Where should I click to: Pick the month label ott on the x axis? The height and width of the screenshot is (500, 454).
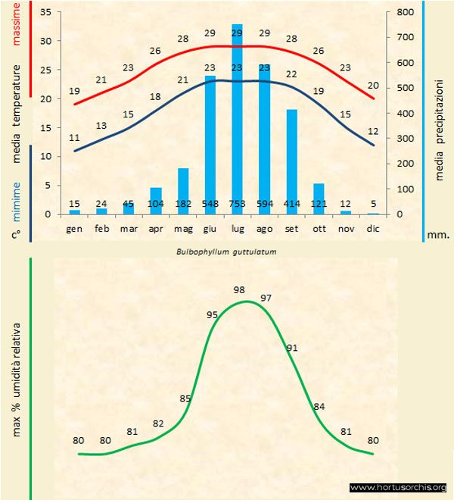click(x=319, y=227)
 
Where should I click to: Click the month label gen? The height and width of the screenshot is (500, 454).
click(x=74, y=227)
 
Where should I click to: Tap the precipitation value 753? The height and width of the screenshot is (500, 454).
click(x=237, y=203)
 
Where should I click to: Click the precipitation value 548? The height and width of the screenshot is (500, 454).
click(x=210, y=203)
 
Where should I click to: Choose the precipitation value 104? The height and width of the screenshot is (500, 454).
click(x=156, y=203)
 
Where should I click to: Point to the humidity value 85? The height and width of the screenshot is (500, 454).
click(x=185, y=398)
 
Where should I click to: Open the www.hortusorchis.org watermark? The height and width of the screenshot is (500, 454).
click(x=399, y=487)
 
